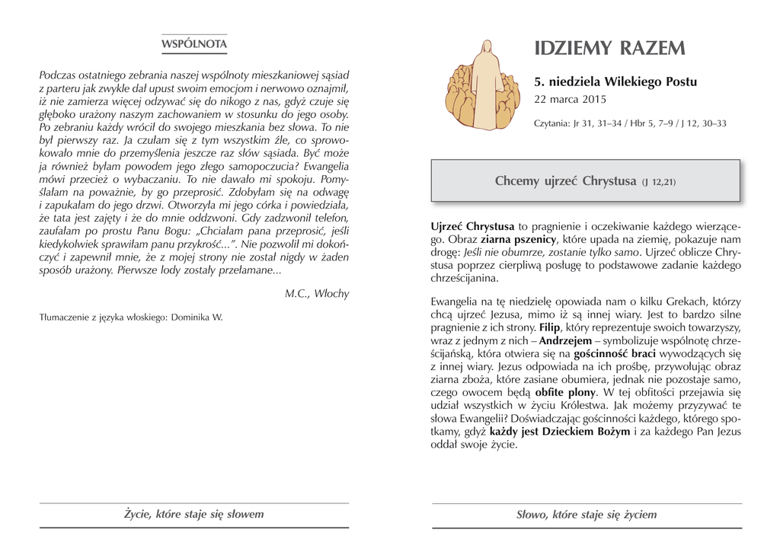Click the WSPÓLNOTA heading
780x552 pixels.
point(193,44)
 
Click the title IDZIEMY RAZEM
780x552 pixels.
point(609,49)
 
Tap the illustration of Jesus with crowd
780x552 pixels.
point(482,85)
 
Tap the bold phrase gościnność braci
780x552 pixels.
point(609,353)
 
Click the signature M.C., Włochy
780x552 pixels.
point(317,293)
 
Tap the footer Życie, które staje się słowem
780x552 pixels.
point(194,514)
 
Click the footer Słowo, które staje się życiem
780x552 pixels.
point(586,515)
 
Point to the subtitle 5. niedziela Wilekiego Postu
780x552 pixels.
point(615,81)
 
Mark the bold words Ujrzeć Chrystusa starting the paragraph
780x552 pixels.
point(472,226)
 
